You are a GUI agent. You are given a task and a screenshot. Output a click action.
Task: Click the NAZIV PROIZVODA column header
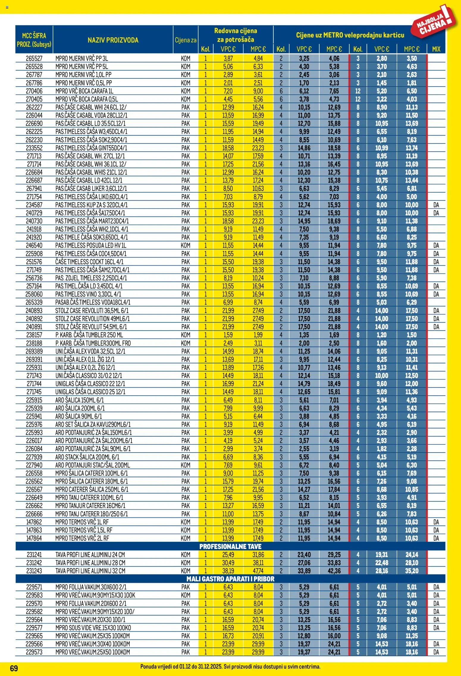pos(113,40)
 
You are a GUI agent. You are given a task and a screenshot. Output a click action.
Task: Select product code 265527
pos(34,59)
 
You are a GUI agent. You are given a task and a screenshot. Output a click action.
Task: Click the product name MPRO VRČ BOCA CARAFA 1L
pos(84,91)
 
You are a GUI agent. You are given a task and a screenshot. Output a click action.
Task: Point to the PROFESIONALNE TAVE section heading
pos(230,546)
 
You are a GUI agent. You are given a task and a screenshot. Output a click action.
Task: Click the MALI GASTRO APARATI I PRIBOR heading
pos(230,579)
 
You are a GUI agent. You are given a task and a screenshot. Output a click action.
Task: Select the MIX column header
pos(436,49)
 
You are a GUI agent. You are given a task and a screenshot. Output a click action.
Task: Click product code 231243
pos(34,571)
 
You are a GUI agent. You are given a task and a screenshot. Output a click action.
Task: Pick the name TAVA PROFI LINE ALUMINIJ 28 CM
pos(90,563)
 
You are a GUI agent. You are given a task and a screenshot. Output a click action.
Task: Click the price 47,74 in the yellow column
pos(258,571)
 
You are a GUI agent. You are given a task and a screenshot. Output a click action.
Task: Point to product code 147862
pos(34,522)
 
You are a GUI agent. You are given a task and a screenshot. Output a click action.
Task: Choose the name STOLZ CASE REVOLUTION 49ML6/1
pos(92,319)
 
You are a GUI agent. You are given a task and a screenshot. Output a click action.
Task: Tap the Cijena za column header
pos(186,40)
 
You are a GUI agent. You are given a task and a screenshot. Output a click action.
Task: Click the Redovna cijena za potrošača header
pos(236,35)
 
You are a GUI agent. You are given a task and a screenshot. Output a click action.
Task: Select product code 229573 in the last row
pos(34,652)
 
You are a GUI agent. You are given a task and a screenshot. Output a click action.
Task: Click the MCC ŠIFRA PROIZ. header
pos(34,40)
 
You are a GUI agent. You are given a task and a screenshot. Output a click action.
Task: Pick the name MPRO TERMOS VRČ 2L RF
pos(82,538)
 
